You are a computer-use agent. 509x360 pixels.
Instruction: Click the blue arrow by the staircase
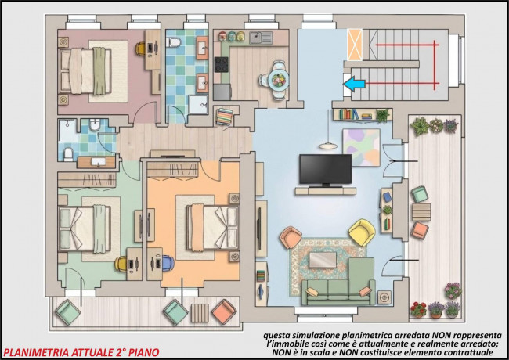[x=354, y=84]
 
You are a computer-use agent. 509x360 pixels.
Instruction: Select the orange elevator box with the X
[x=355, y=45]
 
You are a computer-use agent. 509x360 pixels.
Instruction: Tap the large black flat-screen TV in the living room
[x=326, y=171]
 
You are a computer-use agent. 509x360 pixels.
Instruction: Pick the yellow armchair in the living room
[x=362, y=232]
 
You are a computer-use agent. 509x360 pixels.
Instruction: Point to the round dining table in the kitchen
[x=279, y=80]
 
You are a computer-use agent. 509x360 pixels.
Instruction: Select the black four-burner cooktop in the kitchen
[x=222, y=64]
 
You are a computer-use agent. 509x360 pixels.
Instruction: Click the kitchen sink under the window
[x=261, y=38]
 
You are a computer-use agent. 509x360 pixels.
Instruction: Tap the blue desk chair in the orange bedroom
[x=168, y=263]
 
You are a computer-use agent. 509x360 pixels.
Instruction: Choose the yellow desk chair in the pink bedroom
[x=140, y=49]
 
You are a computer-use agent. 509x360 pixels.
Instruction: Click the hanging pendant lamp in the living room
[x=328, y=146]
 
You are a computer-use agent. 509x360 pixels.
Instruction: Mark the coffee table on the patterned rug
[x=323, y=260]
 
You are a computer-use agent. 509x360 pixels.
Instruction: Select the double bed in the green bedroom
[x=85, y=229]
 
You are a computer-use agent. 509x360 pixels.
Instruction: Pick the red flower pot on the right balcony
[x=418, y=310]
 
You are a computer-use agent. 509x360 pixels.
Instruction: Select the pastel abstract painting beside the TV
[x=362, y=147]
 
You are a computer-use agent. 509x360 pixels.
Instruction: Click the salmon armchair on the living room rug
[x=291, y=237]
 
